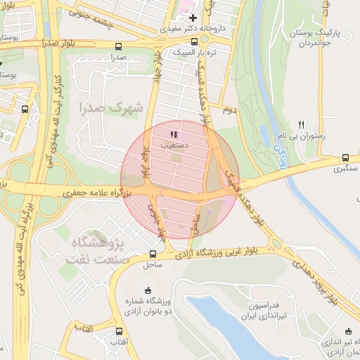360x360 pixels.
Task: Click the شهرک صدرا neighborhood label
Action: (111, 108)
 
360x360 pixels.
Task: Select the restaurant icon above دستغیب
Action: (174, 134)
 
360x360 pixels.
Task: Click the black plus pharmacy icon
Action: (193, 18)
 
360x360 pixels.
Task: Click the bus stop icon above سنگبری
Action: (345, 158)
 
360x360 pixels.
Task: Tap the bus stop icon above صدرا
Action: (117, 46)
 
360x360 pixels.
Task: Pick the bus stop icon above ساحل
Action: (153, 254)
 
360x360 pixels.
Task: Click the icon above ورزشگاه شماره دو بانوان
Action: (148, 290)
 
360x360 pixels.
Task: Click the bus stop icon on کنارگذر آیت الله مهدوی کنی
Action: (25, 109)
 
